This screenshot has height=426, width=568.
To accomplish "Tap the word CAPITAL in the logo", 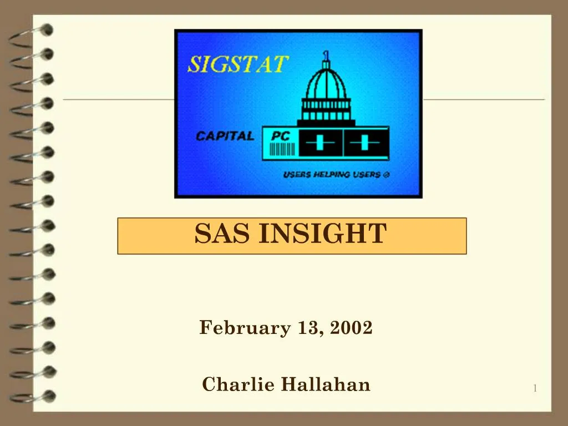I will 225,136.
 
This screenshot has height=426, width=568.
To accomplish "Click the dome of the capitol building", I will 326,83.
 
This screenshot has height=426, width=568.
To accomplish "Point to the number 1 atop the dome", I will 326,55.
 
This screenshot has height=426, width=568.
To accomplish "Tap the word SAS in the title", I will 221,234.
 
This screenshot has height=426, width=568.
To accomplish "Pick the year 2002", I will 351,328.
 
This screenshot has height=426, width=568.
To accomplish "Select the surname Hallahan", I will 326,384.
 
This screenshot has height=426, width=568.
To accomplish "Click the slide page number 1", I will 535,388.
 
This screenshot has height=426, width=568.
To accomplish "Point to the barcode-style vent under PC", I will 282,148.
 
